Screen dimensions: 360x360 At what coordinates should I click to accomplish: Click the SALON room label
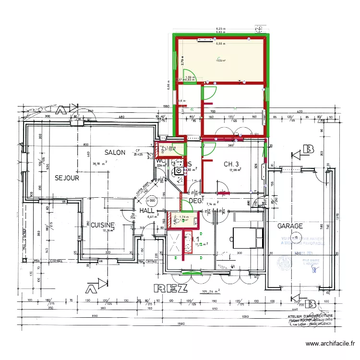coord(115,153)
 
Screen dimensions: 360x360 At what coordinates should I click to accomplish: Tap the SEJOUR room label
coord(67,178)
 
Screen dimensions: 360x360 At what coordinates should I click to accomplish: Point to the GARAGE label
coord(289,226)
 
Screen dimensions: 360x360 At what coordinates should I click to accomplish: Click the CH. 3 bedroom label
coord(233,164)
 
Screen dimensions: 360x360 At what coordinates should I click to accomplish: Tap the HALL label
coord(146,211)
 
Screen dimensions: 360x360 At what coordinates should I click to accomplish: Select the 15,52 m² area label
coord(220,60)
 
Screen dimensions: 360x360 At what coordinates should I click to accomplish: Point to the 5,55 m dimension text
coord(220,44)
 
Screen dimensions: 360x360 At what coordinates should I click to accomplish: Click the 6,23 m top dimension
coord(220,29)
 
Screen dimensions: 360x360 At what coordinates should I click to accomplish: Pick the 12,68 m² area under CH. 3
coord(235,170)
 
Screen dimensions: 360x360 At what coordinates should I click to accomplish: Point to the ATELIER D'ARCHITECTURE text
coord(307,316)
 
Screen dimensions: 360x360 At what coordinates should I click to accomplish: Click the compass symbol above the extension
coord(260,29)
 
